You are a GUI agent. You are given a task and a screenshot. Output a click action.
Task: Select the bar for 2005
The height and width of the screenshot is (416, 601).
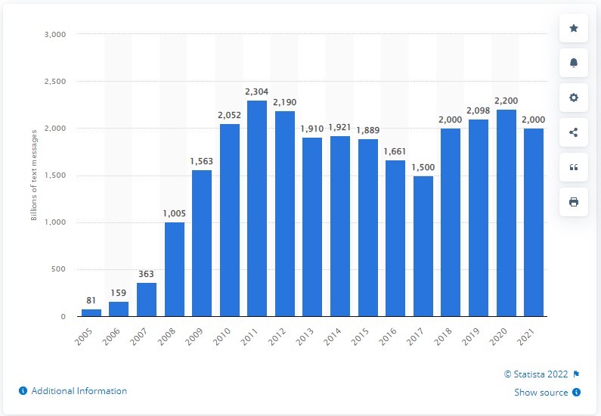tap(91, 312)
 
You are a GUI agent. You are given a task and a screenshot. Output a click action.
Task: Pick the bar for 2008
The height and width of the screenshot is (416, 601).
tap(175, 269)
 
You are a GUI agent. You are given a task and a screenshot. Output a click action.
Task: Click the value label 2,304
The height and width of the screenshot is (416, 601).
tap(258, 92)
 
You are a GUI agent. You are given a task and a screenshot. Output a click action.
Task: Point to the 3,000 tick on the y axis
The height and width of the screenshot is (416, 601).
tap(57, 34)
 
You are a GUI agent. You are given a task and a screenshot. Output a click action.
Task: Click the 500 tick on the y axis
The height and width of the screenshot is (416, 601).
tap(60, 269)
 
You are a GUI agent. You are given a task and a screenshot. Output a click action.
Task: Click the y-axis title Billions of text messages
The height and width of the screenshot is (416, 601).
tap(33, 175)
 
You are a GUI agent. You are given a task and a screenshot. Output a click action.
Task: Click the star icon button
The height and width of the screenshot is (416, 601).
tap(574, 28)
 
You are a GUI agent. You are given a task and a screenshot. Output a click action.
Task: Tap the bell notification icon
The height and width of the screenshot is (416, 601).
tap(574, 63)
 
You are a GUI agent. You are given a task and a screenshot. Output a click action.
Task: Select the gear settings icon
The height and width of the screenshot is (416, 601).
tap(574, 98)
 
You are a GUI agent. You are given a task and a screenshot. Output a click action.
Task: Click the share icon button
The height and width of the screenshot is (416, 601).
tap(574, 132)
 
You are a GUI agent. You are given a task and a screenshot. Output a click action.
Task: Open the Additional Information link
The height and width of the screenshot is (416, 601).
tap(73, 391)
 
